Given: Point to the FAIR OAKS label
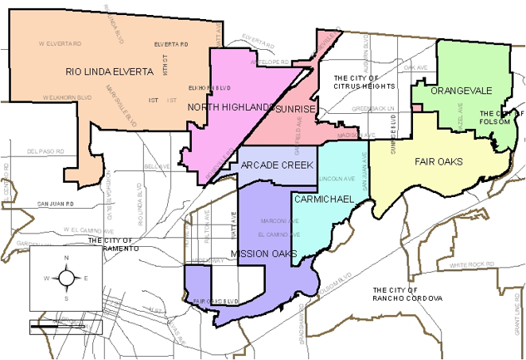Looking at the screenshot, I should [x=439, y=161].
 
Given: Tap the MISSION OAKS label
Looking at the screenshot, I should [x=264, y=254].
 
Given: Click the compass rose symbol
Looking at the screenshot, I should [x=66, y=278].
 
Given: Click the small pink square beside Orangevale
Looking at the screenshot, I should [x=416, y=118].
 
